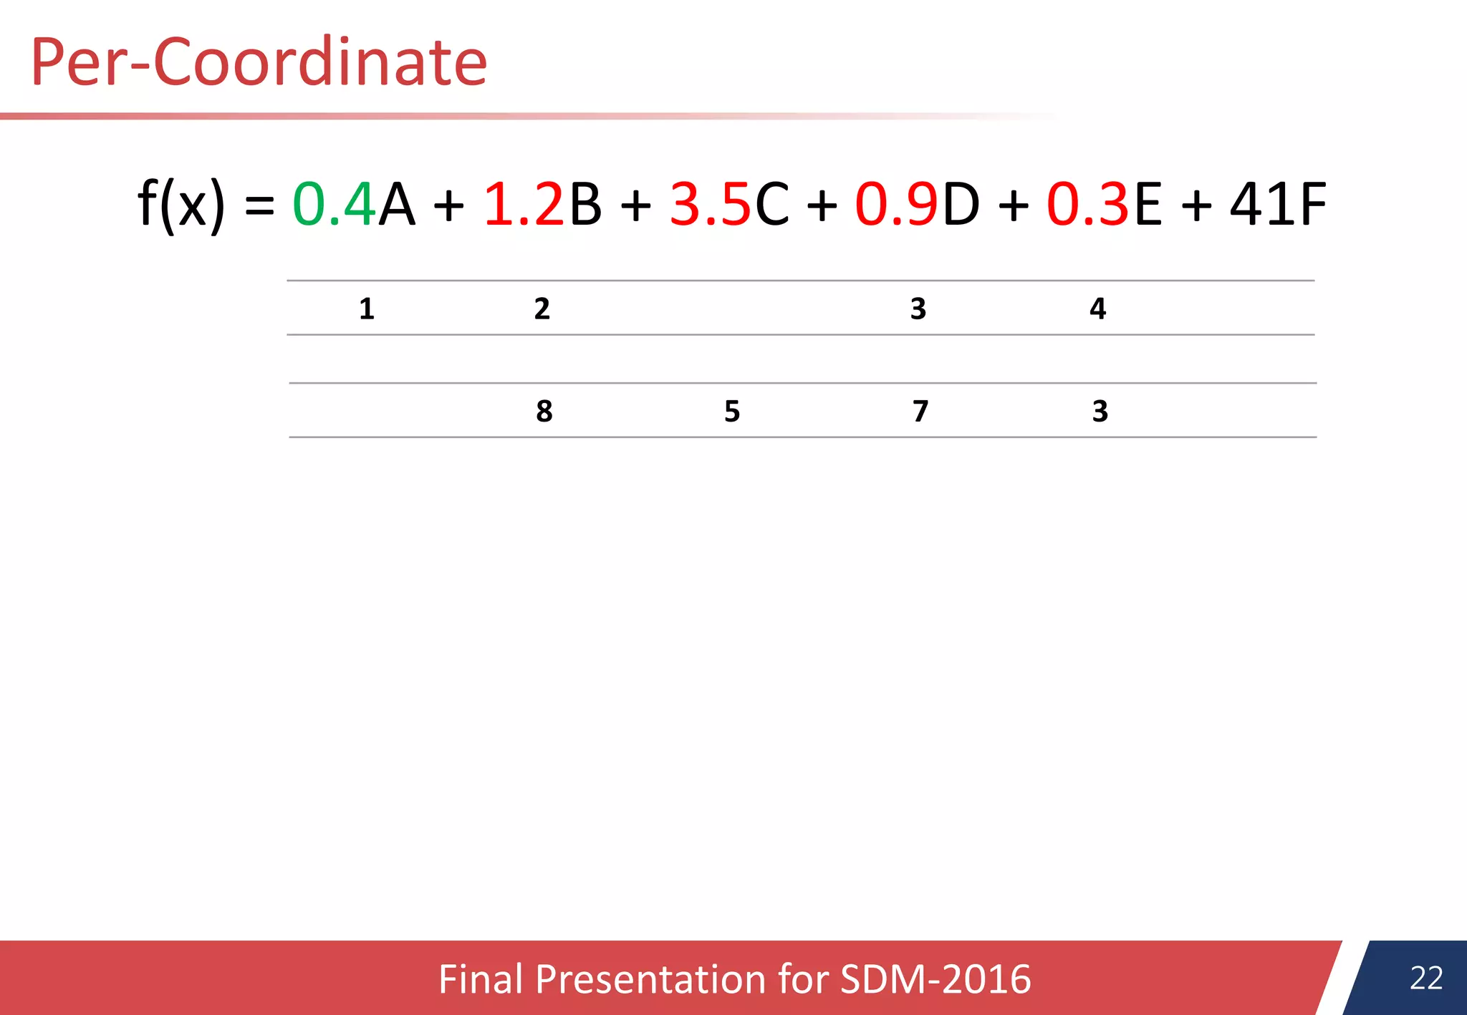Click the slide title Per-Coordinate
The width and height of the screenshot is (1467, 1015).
pos(259,62)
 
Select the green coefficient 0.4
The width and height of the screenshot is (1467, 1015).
pos(334,205)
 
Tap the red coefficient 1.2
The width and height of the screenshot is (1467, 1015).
pos(524,205)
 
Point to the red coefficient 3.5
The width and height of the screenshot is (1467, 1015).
pos(710,205)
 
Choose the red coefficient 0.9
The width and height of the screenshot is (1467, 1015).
pos(896,205)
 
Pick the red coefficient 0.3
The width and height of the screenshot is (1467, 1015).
pos(1088,205)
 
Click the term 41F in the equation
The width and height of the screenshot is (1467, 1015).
pos(1279,205)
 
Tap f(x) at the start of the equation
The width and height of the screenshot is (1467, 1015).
pos(181,205)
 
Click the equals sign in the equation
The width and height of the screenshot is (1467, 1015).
pos(259,206)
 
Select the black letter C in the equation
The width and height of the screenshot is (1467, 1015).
pos(772,205)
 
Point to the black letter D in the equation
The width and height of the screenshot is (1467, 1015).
pos(961,205)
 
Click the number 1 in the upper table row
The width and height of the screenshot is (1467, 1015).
pos(367,309)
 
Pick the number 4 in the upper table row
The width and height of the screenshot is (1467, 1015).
pos(1098,309)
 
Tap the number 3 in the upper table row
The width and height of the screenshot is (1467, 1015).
pos(918,309)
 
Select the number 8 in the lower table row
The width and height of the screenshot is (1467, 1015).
pos(544,411)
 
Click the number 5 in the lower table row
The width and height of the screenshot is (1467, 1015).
pos(732,411)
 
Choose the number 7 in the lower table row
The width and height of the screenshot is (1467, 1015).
pos(920,411)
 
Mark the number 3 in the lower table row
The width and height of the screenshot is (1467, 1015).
pos(1100,411)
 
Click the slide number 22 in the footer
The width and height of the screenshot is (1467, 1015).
pos(1426,978)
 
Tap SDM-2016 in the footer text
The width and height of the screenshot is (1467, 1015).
pos(935,979)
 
